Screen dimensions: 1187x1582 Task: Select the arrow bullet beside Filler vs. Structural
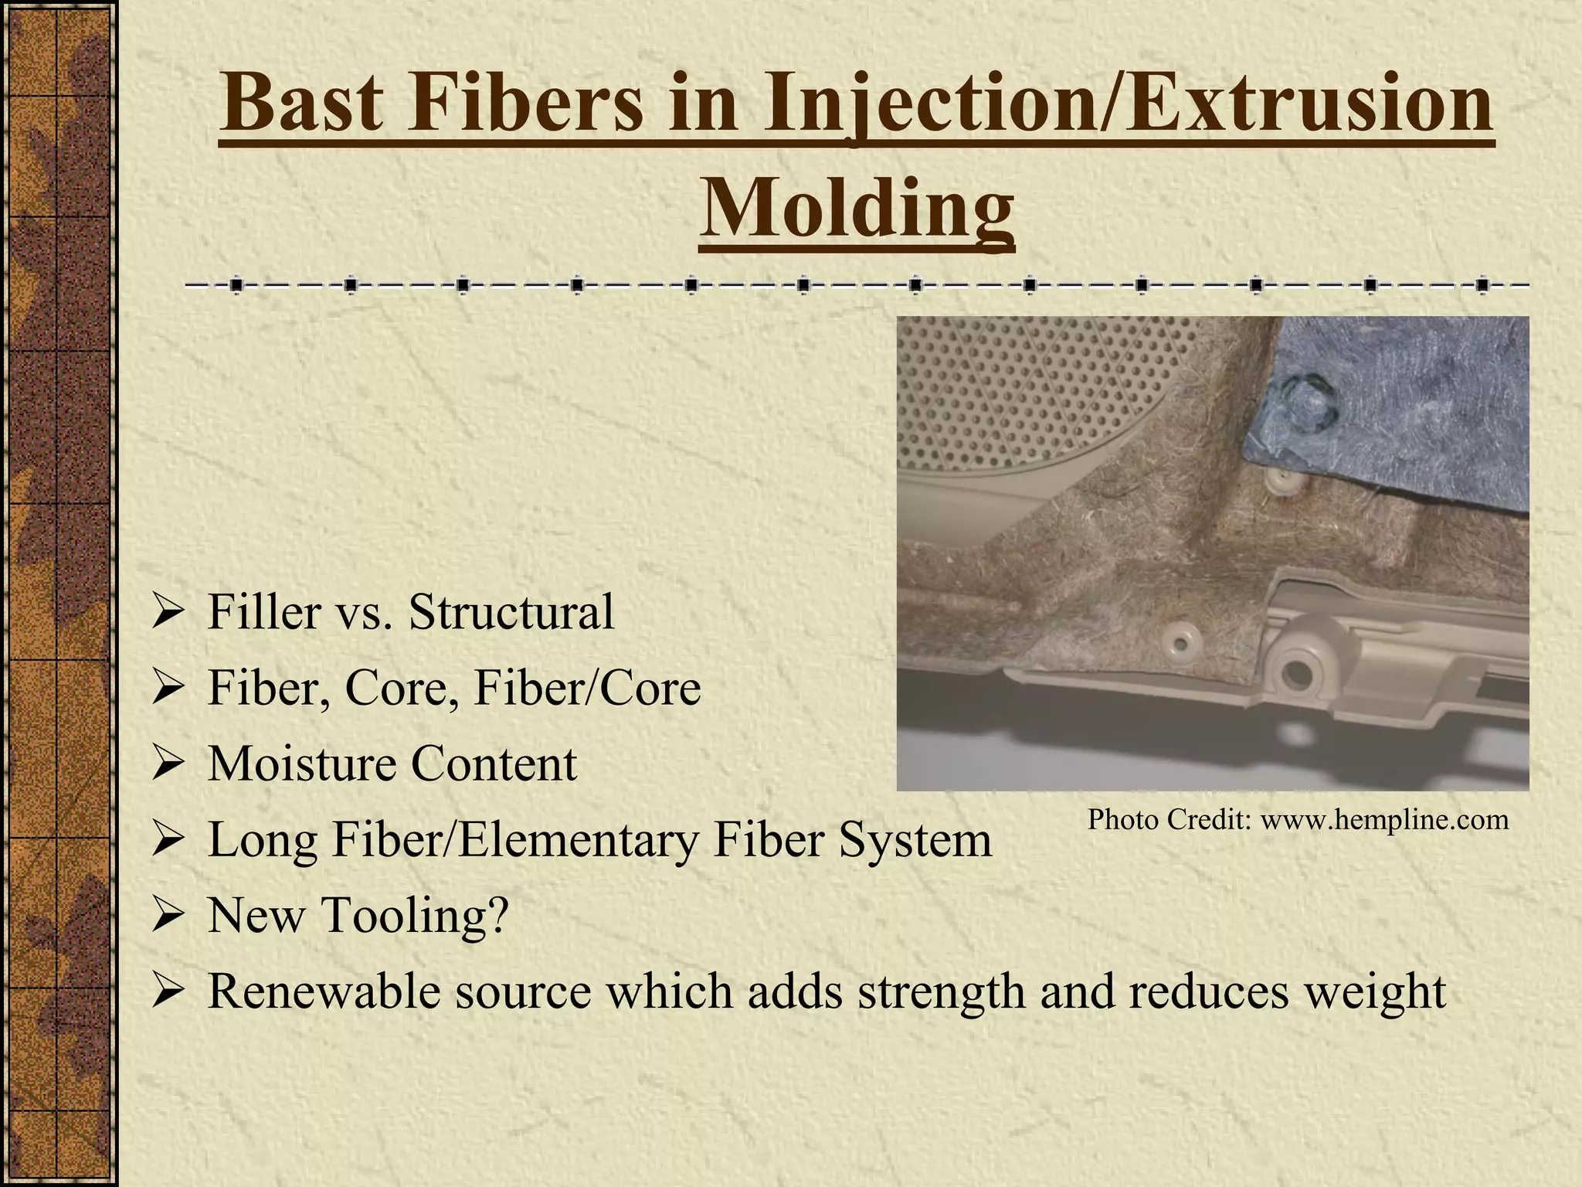[166, 614]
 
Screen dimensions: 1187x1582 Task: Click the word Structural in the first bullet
[511, 612]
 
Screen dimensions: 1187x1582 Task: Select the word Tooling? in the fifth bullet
[414, 916]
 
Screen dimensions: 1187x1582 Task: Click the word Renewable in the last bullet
[324, 991]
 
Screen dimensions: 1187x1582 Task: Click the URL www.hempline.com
[1384, 820]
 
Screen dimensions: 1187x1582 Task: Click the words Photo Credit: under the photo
[1170, 820]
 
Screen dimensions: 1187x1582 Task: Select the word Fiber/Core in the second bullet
[586, 688]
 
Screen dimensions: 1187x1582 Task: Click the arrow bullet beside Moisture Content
[166, 766]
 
